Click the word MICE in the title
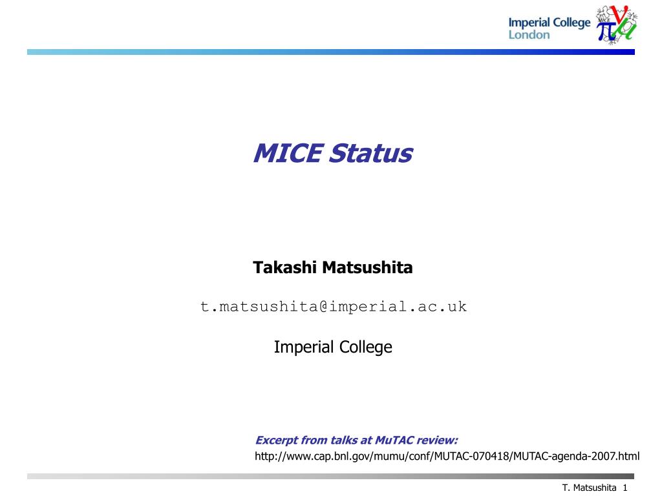[289, 152]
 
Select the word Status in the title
[371, 152]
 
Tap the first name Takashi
[284, 267]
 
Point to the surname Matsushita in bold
[367, 267]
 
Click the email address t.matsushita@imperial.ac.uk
[334, 307]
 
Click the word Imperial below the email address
[304, 347]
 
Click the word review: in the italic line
[437, 440]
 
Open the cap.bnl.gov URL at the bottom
[447, 456]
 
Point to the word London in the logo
[529, 35]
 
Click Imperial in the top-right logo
[529, 23]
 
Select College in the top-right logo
[571, 23]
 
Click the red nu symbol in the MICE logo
[621, 14]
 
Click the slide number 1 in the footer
[625, 488]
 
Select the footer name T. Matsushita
[590, 488]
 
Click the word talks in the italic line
[344, 440]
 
